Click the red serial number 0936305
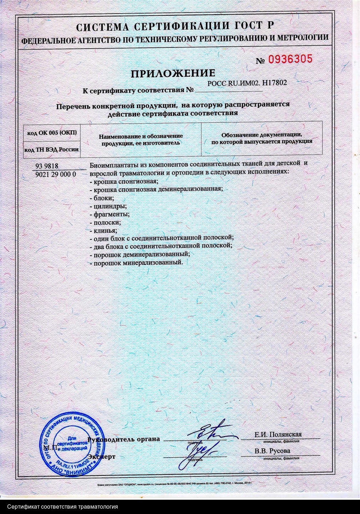(x=290, y=59)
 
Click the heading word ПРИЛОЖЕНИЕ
(x=173, y=74)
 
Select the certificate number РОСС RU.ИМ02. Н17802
(x=247, y=83)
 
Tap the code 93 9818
(x=47, y=166)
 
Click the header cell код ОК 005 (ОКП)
(x=52, y=133)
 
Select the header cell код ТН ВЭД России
(x=52, y=150)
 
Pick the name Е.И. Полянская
(x=278, y=434)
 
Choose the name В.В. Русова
(x=273, y=451)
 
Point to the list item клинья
(x=103, y=230)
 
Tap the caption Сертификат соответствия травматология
(x=62, y=507)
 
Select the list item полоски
(x=105, y=222)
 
